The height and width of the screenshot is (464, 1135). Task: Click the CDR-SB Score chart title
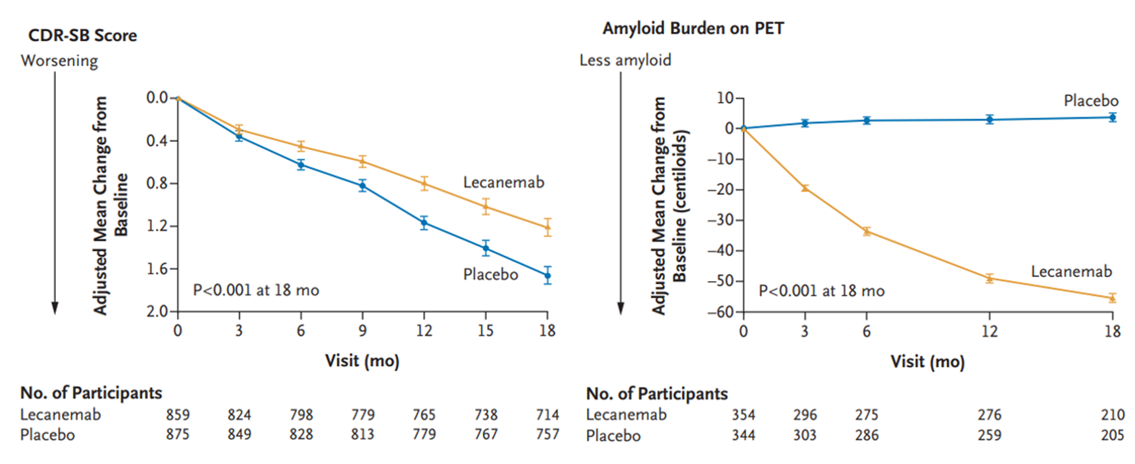coord(82,36)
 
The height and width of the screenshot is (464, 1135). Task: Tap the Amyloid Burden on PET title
coord(693,29)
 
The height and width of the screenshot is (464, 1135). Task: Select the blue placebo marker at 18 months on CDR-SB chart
coord(547,276)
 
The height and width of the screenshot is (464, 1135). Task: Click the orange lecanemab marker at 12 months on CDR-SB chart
coord(424,184)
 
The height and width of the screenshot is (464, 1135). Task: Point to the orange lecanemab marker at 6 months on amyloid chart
coord(867,231)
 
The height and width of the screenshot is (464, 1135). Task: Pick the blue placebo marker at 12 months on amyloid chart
coord(990,119)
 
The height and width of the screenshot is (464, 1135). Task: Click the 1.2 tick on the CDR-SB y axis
coord(157,226)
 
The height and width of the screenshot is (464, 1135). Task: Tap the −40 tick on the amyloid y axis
coord(723,251)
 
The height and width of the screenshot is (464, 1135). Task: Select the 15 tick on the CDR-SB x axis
coord(486,330)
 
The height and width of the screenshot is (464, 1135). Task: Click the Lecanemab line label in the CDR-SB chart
coord(503,182)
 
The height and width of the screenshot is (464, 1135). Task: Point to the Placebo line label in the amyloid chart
coord(1090,101)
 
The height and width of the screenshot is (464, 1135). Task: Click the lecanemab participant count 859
coord(178,415)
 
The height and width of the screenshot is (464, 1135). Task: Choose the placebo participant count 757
coord(547,434)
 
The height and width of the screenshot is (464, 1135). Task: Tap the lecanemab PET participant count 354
coord(744,415)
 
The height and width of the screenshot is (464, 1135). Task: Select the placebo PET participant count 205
coord(1113,435)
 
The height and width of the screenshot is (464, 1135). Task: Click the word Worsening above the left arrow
coord(59,61)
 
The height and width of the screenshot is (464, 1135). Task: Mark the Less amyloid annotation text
coord(625,61)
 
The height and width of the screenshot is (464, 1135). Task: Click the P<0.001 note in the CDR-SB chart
coord(255,290)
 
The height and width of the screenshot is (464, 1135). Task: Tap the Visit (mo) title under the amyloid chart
coord(927,361)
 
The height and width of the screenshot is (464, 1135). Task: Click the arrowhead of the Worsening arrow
coord(55,308)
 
